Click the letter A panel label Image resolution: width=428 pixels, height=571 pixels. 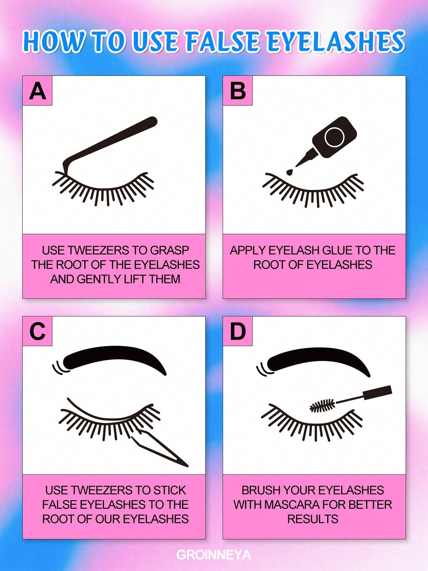37,91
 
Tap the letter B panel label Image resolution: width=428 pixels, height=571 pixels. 238,91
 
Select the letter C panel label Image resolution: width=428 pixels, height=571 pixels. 37,331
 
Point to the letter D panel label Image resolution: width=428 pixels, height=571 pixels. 238,331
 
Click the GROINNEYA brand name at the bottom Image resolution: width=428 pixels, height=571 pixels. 214,555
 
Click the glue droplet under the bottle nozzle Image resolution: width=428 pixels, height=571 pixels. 289,172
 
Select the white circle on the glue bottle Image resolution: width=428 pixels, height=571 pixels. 334,137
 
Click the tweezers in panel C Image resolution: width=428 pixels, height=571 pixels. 160,448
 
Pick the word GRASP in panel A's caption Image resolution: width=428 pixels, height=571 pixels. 169,250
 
